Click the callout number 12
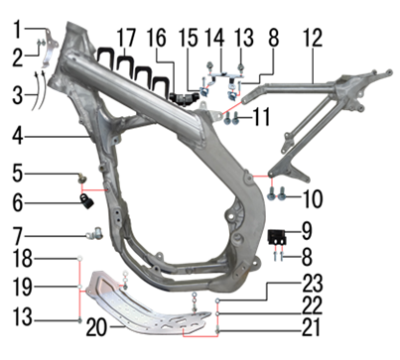pos(312,39)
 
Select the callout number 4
pos(18,136)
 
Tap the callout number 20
pos(96,329)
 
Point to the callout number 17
pos(126,39)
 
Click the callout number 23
pos(313,285)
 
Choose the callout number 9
pos(307,231)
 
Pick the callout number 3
pos(18,96)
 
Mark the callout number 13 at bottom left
pos(23,316)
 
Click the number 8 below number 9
pos(307,257)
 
